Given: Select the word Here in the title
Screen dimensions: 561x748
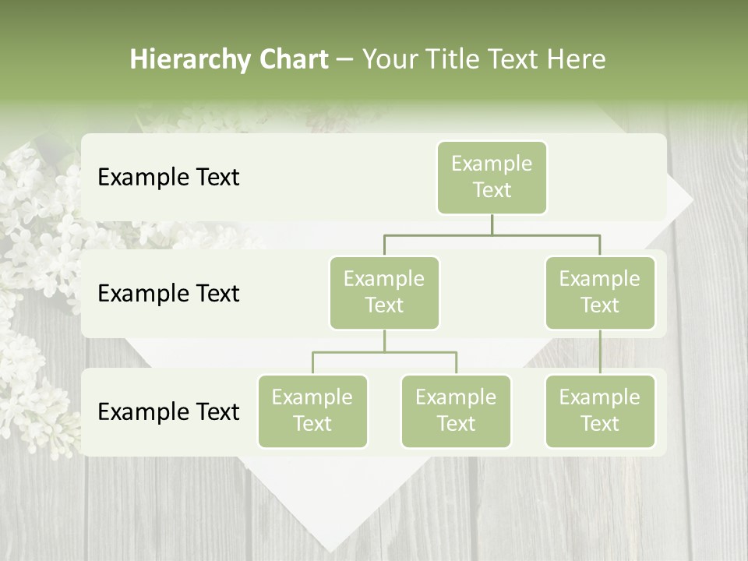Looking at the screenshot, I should click(576, 59).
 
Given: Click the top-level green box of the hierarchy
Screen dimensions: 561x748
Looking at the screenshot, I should click(492, 177).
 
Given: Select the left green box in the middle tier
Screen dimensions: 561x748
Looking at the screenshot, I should click(384, 292).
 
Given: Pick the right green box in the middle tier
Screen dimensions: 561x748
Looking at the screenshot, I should click(600, 292).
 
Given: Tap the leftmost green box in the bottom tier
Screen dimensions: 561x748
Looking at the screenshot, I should click(312, 411).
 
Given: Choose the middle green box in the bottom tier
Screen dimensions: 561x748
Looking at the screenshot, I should click(456, 411).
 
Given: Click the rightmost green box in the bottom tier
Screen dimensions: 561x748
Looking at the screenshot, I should click(600, 411).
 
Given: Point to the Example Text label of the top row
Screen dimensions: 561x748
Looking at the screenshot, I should click(168, 177).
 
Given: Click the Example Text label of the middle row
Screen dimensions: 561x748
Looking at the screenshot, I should click(168, 293).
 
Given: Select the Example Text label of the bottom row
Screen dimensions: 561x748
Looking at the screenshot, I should click(168, 411).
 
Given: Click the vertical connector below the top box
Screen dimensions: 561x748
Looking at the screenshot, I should click(492, 224).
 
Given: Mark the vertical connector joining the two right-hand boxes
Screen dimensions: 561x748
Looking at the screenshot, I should click(600, 352).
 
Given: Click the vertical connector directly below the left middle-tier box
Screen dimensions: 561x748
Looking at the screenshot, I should click(384, 340).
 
